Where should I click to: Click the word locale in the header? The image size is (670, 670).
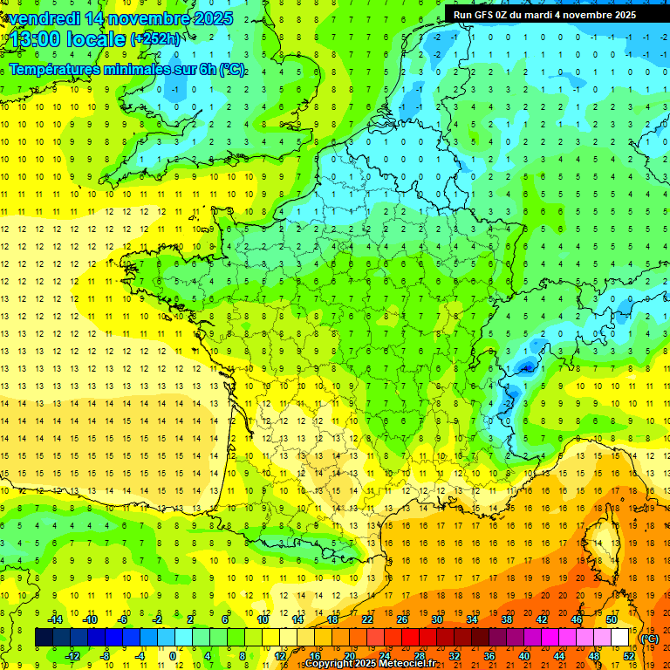(x=98, y=39)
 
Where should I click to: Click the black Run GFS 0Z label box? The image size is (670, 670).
(x=545, y=15)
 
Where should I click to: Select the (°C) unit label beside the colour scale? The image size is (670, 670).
(x=649, y=639)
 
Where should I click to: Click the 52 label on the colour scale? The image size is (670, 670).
(x=628, y=655)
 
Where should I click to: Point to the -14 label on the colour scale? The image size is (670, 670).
(x=55, y=619)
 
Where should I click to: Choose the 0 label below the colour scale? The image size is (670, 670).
(x=173, y=655)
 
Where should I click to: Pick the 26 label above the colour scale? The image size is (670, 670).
(x=402, y=619)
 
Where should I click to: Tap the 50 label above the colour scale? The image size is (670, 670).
(x=611, y=619)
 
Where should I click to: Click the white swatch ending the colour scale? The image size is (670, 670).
(x=619, y=638)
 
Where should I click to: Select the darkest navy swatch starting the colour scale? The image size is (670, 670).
(x=44, y=638)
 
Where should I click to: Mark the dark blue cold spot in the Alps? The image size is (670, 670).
(x=525, y=366)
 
